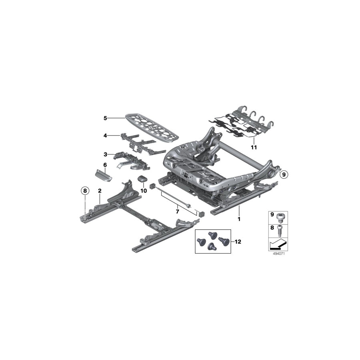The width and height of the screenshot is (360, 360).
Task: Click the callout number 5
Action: click(105, 118)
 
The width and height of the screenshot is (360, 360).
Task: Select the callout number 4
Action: click(105, 136)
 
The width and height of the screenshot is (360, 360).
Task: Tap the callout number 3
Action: click(105, 154)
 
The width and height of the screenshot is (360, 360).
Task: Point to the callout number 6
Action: click(105, 164)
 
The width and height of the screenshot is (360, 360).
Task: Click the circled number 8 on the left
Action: click(85, 191)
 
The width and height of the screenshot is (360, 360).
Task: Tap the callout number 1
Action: click(239, 220)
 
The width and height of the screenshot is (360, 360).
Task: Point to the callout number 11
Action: click(253, 148)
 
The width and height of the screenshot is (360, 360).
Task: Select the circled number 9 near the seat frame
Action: click(283, 174)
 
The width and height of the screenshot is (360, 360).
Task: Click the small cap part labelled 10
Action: click(143, 178)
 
